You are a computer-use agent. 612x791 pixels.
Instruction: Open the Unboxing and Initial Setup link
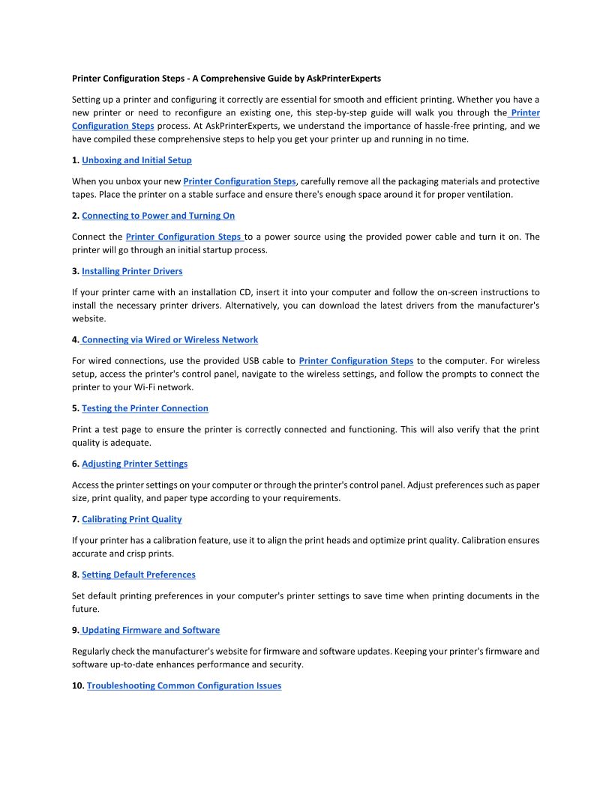point(136,160)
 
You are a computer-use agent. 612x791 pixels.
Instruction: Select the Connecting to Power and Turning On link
point(158,216)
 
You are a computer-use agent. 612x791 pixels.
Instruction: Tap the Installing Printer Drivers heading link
point(132,271)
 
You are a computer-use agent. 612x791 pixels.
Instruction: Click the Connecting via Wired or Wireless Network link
point(170,340)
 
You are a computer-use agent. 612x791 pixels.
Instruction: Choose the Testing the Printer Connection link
point(145,409)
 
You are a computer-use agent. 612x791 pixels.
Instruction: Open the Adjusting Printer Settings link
point(134,464)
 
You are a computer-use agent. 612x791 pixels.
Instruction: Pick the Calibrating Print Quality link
point(131,520)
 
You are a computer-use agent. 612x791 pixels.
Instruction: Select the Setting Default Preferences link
point(138,575)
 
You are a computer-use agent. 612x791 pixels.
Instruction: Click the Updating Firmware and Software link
point(151,631)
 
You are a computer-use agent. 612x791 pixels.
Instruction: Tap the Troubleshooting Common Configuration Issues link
point(184,686)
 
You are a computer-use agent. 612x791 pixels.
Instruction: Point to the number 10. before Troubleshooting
point(78,686)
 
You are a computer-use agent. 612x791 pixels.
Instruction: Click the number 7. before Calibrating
point(76,520)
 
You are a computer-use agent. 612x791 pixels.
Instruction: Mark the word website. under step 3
point(89,319)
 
